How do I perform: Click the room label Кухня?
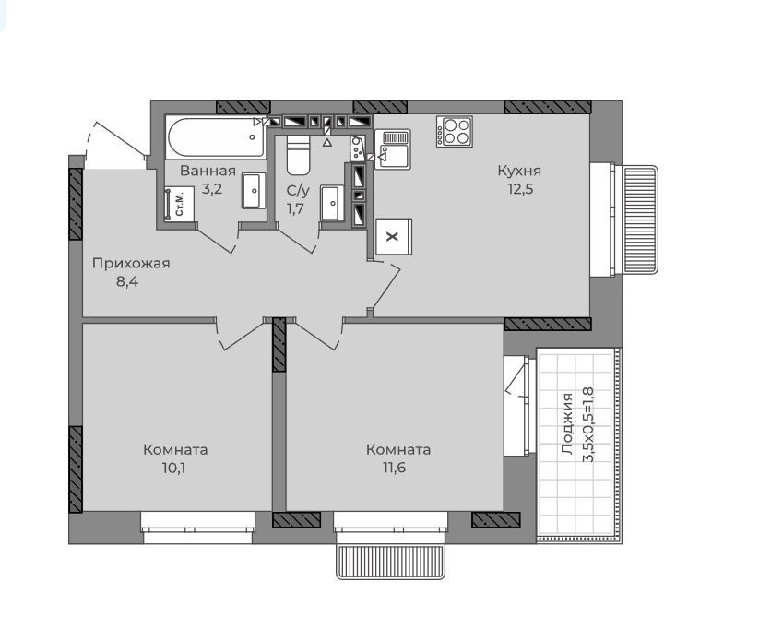(x=519, y=172)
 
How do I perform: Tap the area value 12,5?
(x=520, y=189)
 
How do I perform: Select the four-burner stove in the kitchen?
(x=455, y=131)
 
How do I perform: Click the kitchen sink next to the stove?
(x=392, y=149)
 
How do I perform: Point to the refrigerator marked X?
(x=394, y=236)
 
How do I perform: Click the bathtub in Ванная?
(x=216, y=136)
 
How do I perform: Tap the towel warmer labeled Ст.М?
(x=179, y=204)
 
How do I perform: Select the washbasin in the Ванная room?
(x=254, y=190)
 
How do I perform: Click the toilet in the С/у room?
(x=298, y=155)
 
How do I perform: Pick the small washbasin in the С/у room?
(x=332, y=203)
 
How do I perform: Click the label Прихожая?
(x=131, y=264)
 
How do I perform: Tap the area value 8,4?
(x=127, y=282)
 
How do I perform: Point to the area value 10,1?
(x=173, y=468)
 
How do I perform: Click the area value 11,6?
(x=395, y=468)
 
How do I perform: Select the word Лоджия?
(x=567, y=423)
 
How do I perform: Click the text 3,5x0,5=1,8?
(x=588, y=425)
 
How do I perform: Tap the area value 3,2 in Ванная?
(x=212, y=189)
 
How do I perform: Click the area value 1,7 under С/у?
(x=295, y=209)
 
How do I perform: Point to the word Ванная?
(x=208, y=172)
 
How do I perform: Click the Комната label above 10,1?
(x=175, y=449)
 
